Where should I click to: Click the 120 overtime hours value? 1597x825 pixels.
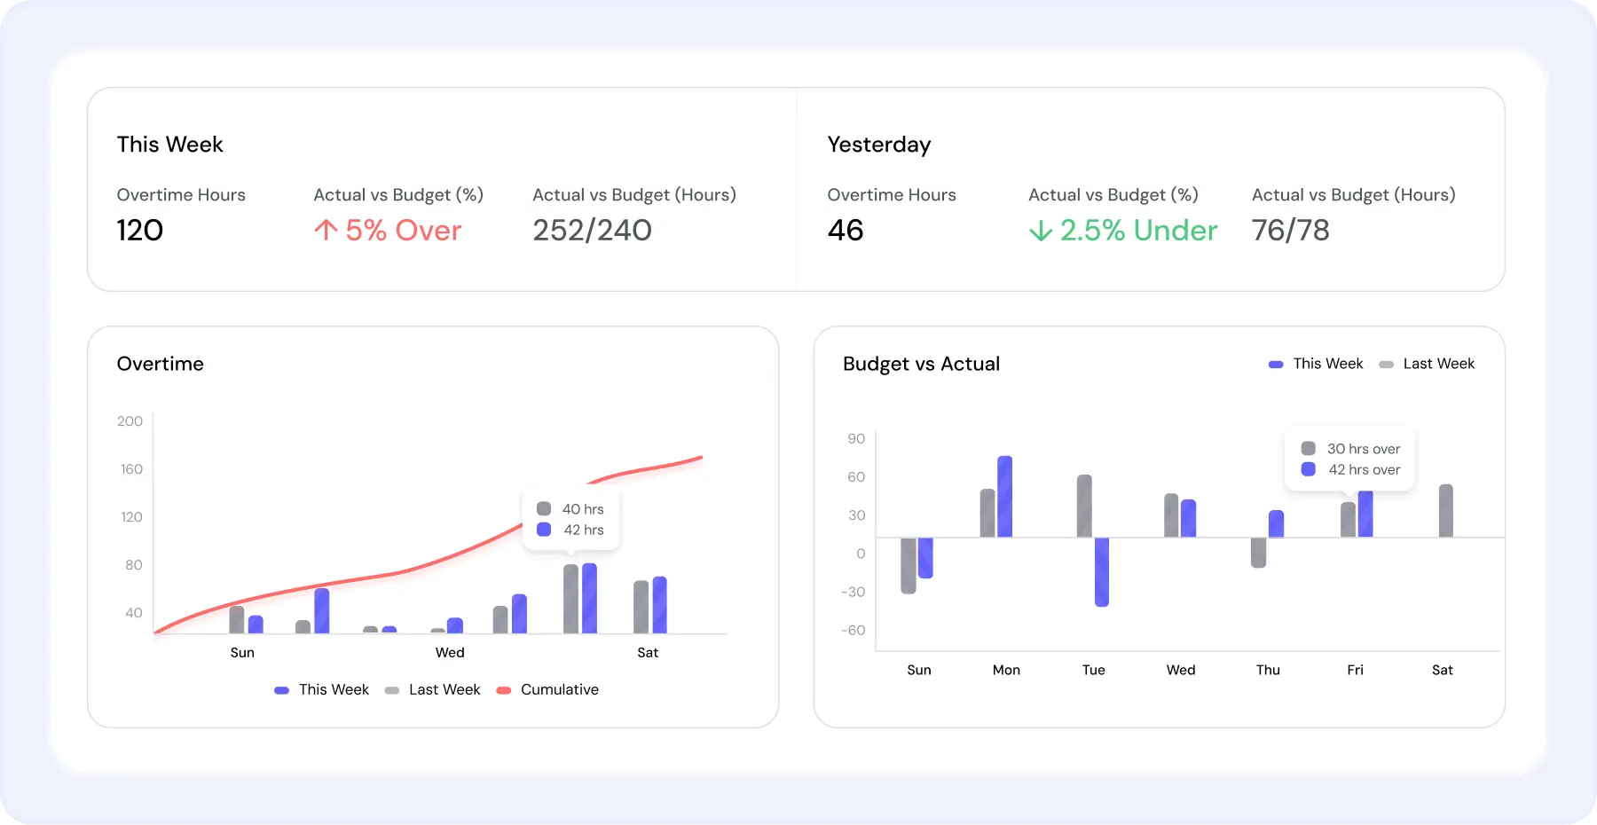pyautogui.click(x=140, y=231)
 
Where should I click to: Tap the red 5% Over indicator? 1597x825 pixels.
pyautogui.click(x=389, y=231)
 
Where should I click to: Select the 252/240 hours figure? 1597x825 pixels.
pyautogui.click(x=592, y=231)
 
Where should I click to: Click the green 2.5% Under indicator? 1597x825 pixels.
pyautogui.click(x=1123, y=231)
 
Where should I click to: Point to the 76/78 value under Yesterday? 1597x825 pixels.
pyautogui.click(x=1290, y=231)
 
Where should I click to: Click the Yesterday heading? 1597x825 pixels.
pyautogui.click(x=878, y=145)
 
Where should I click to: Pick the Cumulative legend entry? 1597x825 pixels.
pyautogui.click(x=559, y=690)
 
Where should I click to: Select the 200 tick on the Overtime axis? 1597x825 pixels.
pyautogui.click(x=130, y=421)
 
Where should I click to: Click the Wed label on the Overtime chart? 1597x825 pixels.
pyautogui.click(x=450, y=653)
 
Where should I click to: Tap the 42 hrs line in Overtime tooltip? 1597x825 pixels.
pyautogui.click(x=583, y=530)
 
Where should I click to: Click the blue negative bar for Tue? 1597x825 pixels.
pyautogui.click(x=1102, y=571)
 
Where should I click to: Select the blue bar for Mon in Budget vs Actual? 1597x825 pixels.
pyautogui.click(x=1005, y=497)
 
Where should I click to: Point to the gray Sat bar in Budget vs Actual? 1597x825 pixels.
pyautogui.click(x=1445, y=511)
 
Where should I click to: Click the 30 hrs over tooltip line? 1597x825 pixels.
pyautogui.click(x=1363, y=449)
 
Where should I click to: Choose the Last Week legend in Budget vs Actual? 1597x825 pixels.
pyautogui.click(x=1437, y=364)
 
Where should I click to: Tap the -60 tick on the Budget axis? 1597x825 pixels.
pyautogui.click(x=854, y=631)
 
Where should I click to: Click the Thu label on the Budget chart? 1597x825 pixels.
pyautogui.click(x=1268, y=671)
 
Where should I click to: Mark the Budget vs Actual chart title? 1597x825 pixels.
pyautogui.click(x=921, y=364)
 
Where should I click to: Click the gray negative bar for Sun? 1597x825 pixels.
pyautogui.click(x=909, y=565)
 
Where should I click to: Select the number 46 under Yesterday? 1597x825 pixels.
pyautogui.click(x=846, y=231)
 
